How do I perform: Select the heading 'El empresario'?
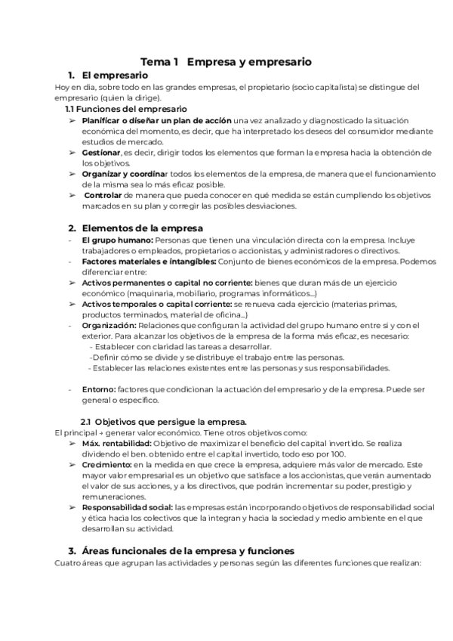pyautogui.click(x=114, y=76)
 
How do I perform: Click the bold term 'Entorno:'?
pyautogui.click(x=99, y=389)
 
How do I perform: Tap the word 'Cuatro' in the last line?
pyautogui.click(x=69, y=562)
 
